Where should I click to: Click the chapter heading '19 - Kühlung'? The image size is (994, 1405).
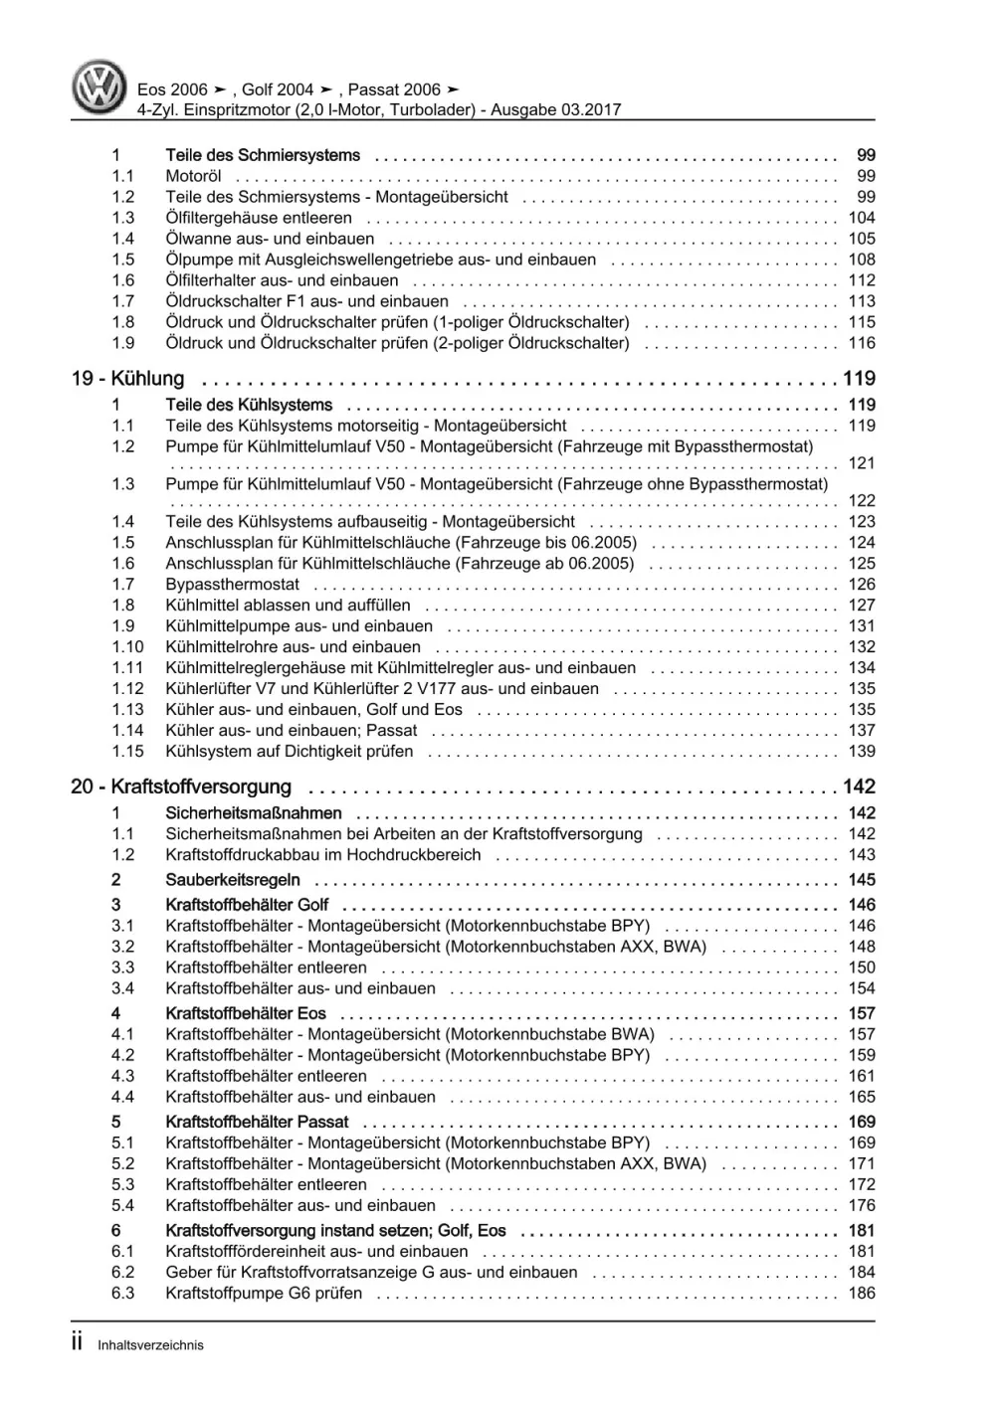click(127, 379)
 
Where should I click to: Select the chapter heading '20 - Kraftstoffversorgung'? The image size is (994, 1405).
click(181, 787)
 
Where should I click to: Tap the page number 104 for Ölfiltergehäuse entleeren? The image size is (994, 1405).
click(861, 218)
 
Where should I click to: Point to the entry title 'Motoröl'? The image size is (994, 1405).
click(193, 176)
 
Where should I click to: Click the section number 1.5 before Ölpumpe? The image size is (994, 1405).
click(122, 260)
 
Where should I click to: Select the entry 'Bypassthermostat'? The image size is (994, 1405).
click(232, 584)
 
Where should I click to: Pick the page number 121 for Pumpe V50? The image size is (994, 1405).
click(861, 463)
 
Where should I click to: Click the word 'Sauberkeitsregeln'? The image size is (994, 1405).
click(232, 880)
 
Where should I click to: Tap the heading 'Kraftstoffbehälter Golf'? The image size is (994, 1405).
click(247, 905)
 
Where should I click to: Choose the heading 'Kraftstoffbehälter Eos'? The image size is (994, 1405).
click(245, 1013)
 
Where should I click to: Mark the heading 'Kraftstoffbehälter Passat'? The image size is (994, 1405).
click(257, 1122)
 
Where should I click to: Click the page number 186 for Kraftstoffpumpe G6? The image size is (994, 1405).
click(861, 1294)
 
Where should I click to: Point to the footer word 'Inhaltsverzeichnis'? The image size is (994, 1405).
click(150, 1345)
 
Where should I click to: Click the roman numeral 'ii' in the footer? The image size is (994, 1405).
click(78, 1342)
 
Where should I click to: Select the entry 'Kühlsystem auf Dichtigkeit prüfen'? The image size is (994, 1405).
click(289, 752)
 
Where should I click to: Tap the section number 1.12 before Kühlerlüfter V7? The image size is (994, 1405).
click(127, 688)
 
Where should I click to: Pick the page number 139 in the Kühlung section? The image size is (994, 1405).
click(861, 752)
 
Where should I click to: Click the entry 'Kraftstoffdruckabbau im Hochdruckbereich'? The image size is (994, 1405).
click(322, 855)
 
